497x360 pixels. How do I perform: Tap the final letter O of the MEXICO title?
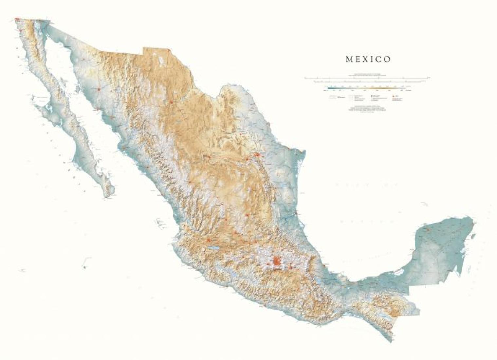(388, 59)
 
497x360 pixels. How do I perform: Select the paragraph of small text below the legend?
(366, 110)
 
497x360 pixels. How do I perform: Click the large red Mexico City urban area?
(277, 261)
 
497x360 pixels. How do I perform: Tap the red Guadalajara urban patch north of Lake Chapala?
(208, 240)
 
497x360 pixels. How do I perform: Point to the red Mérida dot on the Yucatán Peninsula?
(428, 229)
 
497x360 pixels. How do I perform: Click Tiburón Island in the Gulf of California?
(79, 89)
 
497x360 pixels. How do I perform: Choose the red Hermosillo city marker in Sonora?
(98, 88)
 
